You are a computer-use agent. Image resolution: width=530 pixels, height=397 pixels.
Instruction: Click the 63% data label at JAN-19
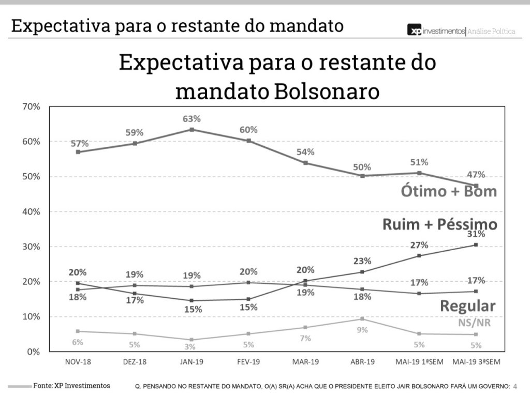tap(192, 119)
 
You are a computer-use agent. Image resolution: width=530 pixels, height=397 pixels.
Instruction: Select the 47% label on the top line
tap(476, 174)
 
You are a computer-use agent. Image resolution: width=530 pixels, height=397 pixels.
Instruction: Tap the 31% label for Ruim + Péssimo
tap(476, 234)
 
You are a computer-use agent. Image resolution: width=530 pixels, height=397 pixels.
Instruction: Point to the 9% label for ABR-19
tap(362, 330)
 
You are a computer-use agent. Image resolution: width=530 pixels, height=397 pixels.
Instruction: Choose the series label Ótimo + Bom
tap(449, 191)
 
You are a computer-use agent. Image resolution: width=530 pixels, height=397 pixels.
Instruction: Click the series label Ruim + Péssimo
tap(440, 224)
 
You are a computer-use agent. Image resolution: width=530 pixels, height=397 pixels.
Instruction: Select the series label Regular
tap(467, 306)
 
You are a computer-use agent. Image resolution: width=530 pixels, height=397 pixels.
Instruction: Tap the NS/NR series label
tap(474, 323)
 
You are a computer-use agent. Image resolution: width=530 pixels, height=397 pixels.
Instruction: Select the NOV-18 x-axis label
tap(78, 362)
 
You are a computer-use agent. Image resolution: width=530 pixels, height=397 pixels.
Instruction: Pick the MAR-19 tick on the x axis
tap(305, 362)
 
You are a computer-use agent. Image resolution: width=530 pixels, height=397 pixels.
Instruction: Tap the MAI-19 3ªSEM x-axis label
tap(475, 362)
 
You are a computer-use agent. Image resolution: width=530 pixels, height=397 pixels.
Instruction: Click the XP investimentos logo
tap(436, 31)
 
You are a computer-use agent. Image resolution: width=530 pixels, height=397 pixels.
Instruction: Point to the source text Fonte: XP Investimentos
tap(72, 386)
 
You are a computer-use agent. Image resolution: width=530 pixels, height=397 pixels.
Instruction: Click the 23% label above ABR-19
tap(362, 262)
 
